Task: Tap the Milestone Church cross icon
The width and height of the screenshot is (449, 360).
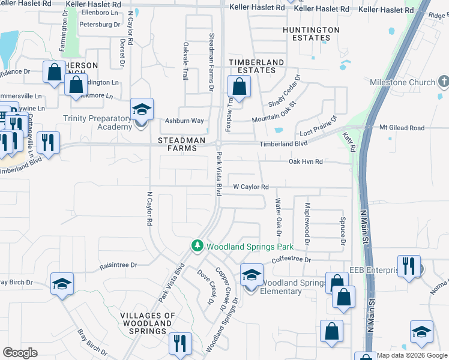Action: click(444, 82)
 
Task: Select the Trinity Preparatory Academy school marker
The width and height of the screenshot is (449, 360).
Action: click(142, 110)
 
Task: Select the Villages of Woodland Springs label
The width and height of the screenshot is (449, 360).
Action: click(147, 323)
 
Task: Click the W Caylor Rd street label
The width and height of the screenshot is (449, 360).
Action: click(250, 187)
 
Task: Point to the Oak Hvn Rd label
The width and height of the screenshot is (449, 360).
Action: click(306, 161)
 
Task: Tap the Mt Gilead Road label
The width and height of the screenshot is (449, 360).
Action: click(402, 128)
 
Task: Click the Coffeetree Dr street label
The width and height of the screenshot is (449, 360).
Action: click(292, 260)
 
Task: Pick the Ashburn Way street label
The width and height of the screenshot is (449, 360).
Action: click(185, 121)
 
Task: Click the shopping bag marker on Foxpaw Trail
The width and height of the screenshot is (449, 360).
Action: click(239, 86)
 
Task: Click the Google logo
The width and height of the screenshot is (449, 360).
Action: click(20, 353)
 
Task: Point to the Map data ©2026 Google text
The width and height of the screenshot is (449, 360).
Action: click(411, 355)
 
